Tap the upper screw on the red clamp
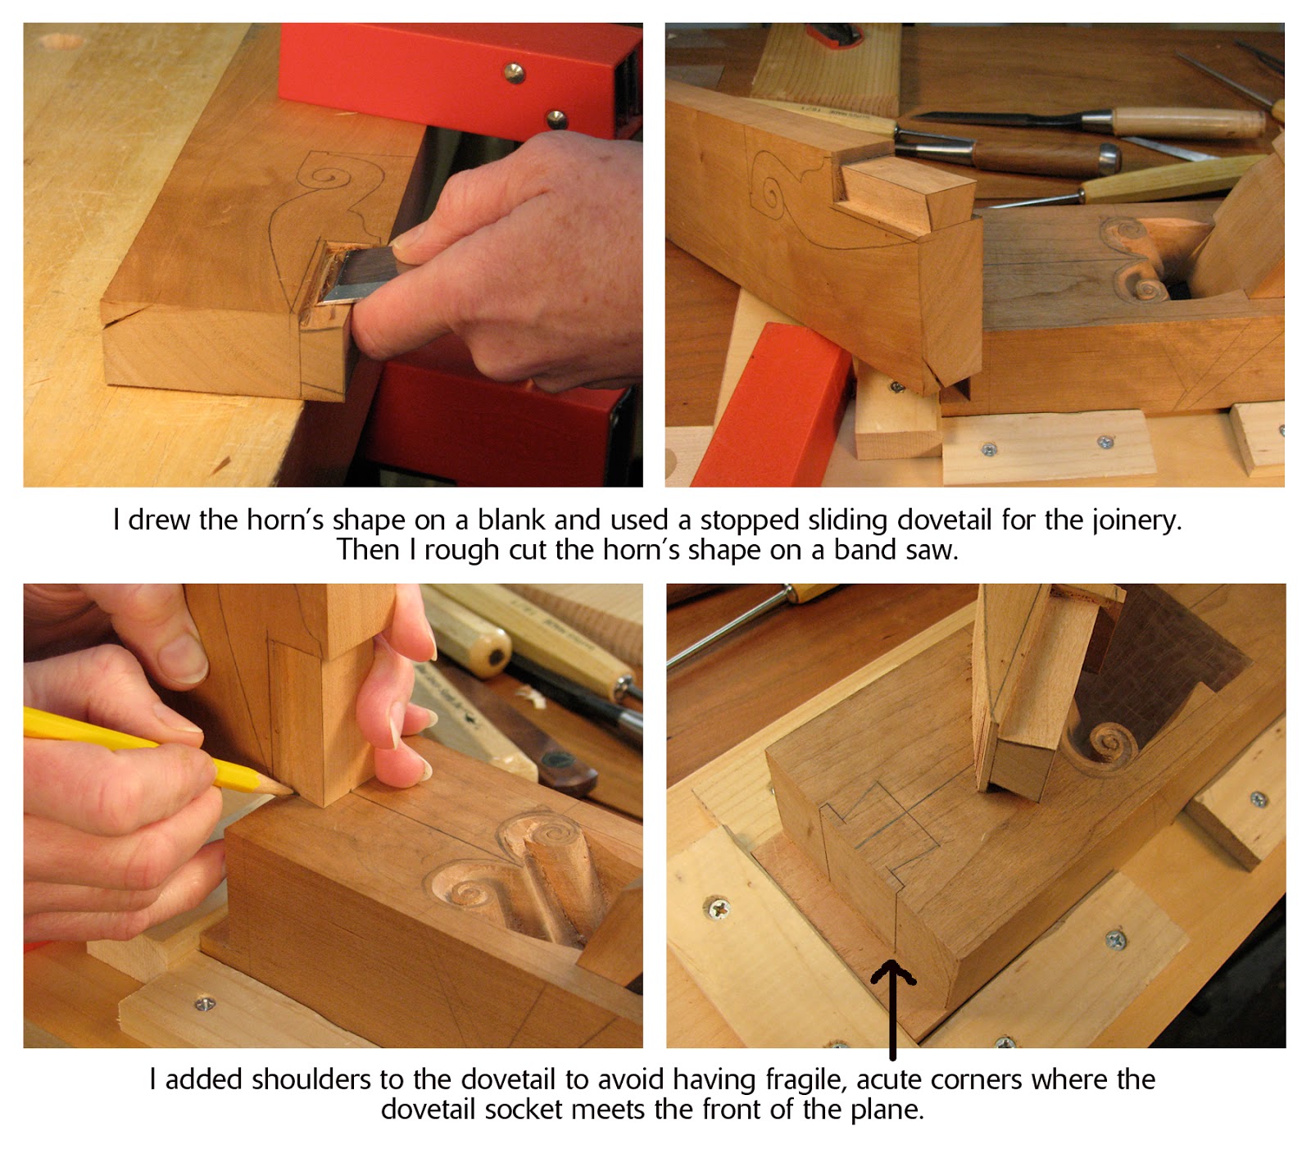point(514,73)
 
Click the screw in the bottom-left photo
point(204,1002)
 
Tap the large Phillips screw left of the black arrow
point(718,907)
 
